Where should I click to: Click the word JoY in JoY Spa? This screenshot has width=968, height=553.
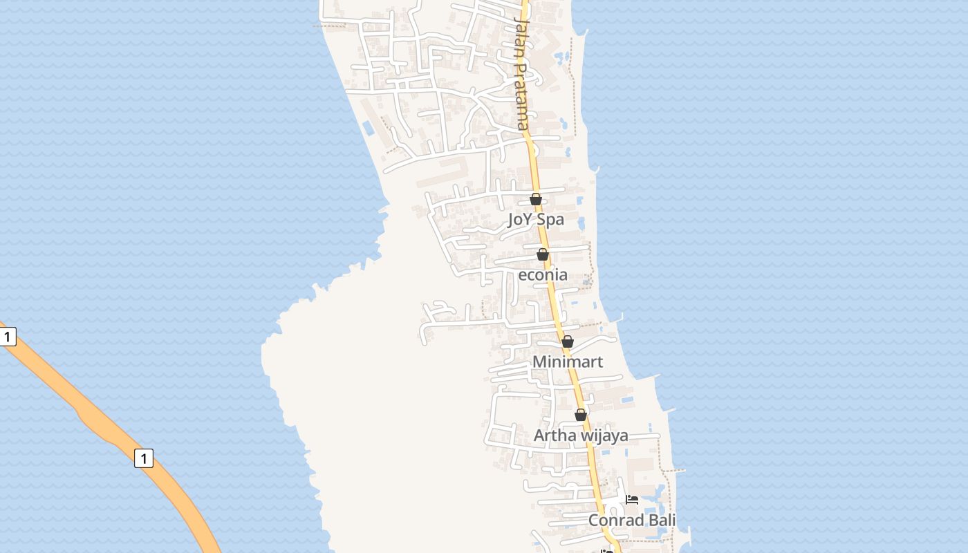point(520,220)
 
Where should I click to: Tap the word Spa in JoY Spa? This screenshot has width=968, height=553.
point(550,220)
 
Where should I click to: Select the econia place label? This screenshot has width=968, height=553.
point(543,275)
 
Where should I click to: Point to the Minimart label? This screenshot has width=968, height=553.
point(568,362)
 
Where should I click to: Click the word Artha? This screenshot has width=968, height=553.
point(555,435)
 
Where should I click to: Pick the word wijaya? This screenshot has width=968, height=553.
point(604,435)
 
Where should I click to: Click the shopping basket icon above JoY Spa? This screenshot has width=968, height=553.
point(536,199)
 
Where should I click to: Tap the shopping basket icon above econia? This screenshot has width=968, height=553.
point(543,254)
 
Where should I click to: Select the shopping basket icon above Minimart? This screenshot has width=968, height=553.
point(568,341)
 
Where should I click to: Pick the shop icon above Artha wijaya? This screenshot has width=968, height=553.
point(581,415)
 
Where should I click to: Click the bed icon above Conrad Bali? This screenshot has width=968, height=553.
point(632,500)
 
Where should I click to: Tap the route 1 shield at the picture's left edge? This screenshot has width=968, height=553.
point(7,337)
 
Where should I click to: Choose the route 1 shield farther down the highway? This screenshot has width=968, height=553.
point(144,458)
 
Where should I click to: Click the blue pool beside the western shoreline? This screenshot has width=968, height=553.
point(368,128)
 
